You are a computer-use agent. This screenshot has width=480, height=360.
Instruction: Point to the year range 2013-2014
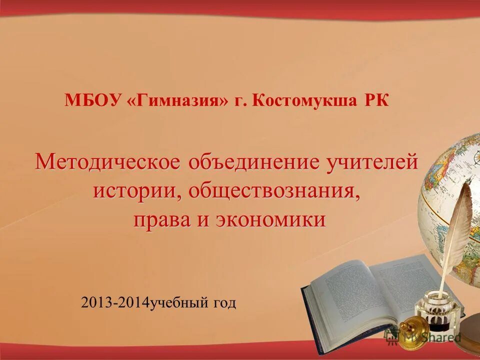point(115,303)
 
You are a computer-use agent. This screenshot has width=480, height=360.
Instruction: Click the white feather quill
point(457,225)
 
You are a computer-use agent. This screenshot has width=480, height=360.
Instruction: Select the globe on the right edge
point(452,200)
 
